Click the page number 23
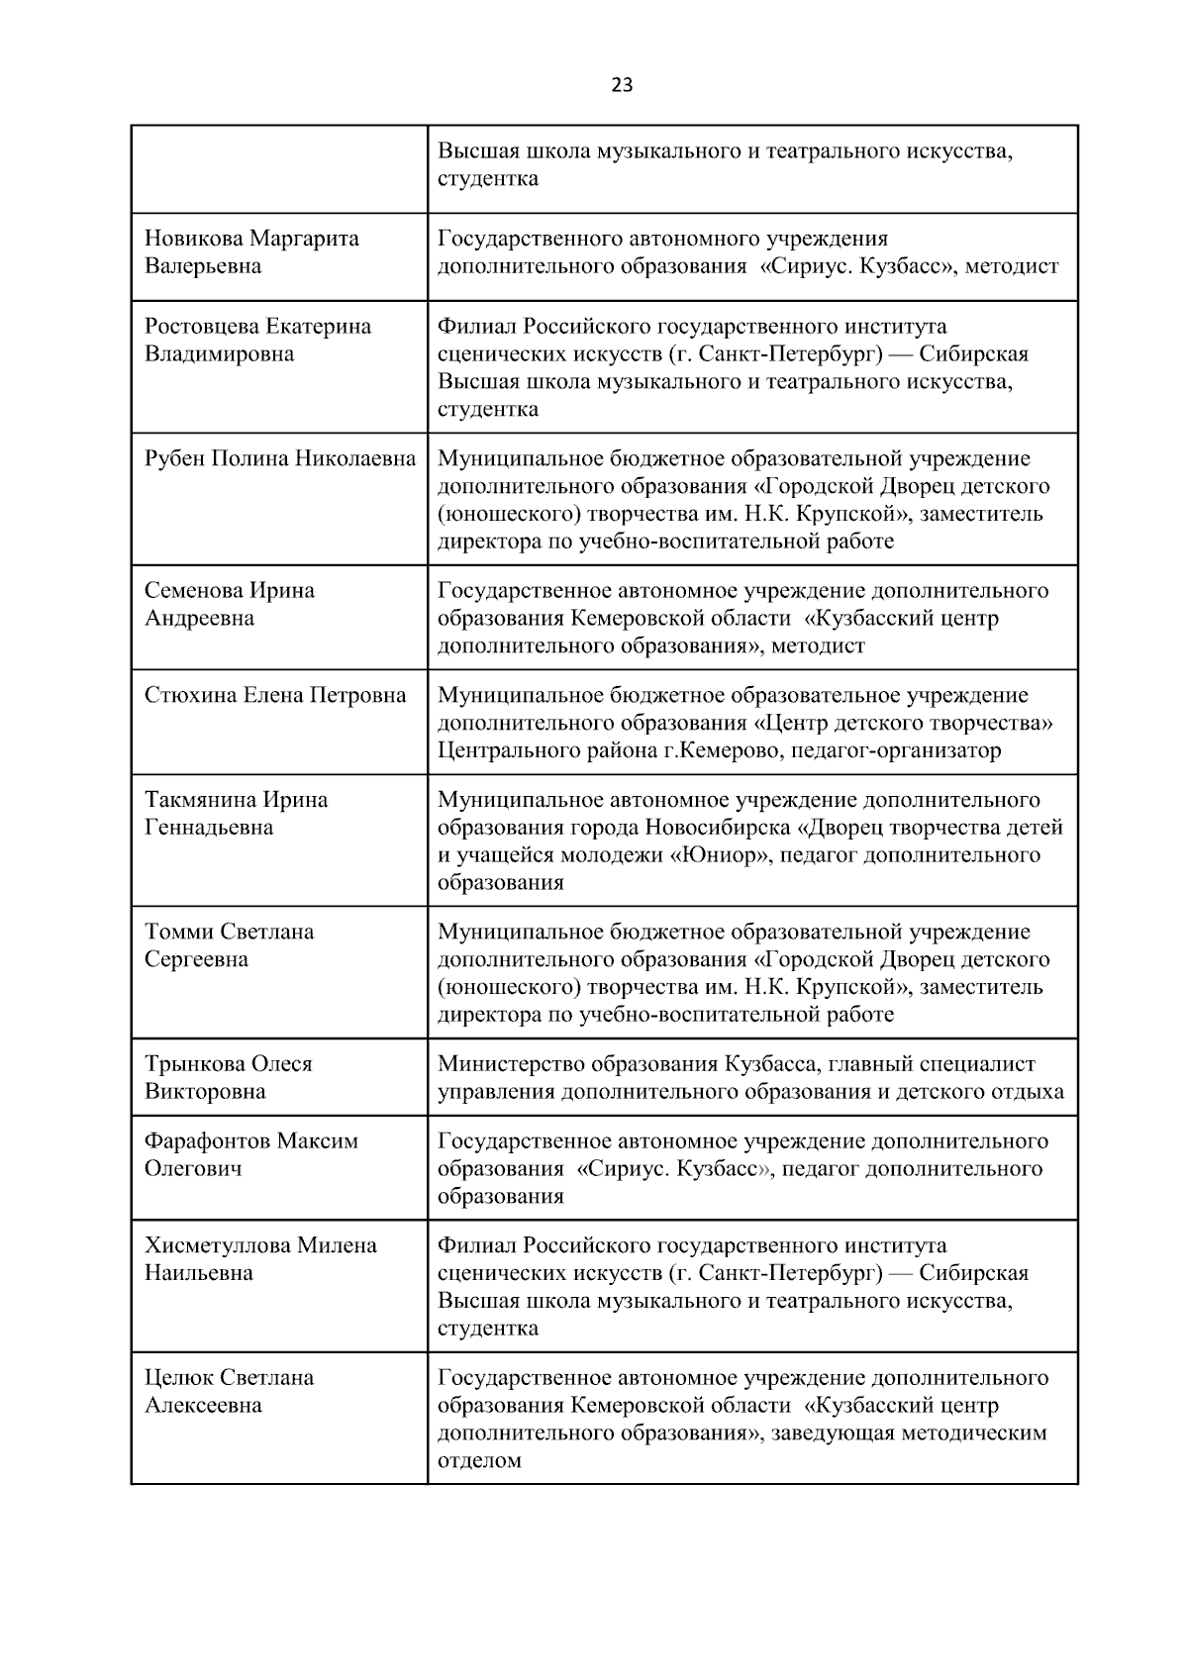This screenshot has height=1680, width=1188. (x=622, y=85)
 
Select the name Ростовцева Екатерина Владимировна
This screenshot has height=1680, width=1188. (x=257, y=340)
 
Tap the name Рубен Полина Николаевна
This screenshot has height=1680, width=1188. (x=280, y=458)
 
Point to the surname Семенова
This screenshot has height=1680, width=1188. (x=193, y=591)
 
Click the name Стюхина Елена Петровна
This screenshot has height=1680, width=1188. (x=275, y=695)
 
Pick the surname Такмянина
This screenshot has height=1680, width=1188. (x=201, y=800)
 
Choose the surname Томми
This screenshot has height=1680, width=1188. (x=179, y=933)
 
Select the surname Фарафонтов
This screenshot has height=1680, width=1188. (x=207, y=1141)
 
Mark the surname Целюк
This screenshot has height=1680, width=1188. (x=179, y=1378)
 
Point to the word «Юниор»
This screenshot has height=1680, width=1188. (x=722, y=855)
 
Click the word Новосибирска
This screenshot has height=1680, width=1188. (x=717, y=828)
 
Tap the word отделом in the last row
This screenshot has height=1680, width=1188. (x=479, y=1460)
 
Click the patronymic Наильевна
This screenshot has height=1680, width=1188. (x=198, y=1273)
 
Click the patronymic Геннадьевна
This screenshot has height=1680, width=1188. (x=209, y=828)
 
